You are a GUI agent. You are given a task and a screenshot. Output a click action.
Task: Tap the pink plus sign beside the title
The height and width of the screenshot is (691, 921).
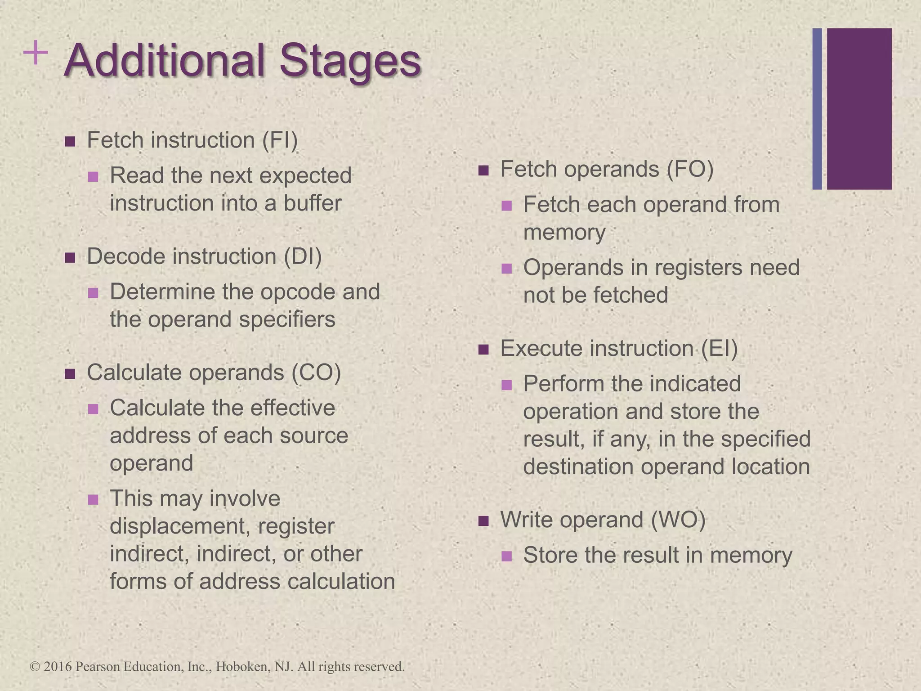coord(35,54)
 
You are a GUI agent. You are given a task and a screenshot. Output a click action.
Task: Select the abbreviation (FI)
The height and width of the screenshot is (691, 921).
coord(280,140)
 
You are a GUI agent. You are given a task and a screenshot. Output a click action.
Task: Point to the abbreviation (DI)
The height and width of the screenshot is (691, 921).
coord(303,256)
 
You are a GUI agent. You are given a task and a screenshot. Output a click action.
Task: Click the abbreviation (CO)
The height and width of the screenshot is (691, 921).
coord(316,372)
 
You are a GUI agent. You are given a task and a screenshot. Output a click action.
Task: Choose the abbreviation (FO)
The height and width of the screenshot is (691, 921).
coord(690,169)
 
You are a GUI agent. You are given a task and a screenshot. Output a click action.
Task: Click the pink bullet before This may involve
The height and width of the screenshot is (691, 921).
coord(93,500)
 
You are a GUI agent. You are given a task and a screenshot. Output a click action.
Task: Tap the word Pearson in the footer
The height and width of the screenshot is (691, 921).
coord(97,666)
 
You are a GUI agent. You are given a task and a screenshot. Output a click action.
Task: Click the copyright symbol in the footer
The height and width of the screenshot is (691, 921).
coord(35,666)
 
